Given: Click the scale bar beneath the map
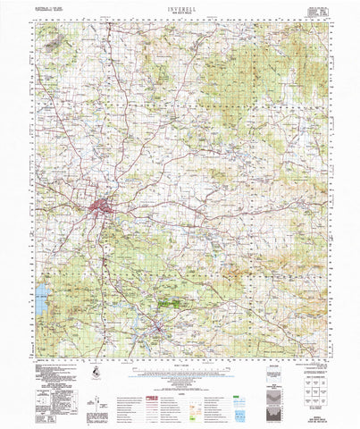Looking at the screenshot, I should [x=180, y=370].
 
